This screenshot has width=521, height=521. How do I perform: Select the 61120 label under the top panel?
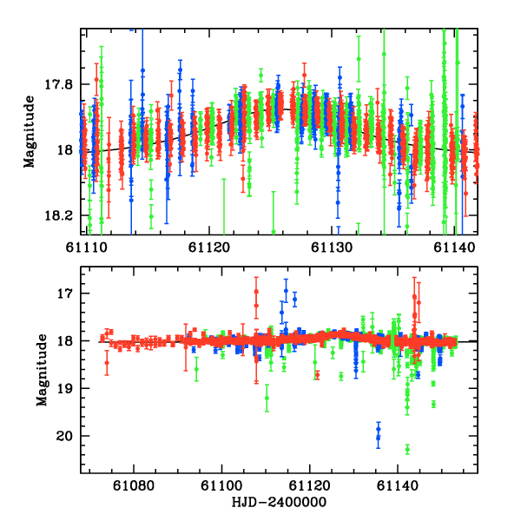209,247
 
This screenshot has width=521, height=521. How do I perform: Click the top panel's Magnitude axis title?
30,132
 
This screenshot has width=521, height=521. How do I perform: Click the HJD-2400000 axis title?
278,503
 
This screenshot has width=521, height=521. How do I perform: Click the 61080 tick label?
135,486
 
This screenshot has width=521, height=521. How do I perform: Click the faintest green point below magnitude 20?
407,449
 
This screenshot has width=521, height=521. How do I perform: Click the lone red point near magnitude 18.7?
317,375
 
